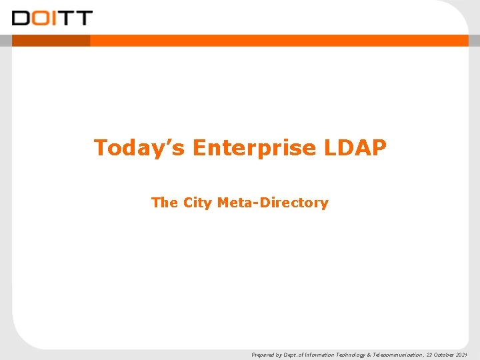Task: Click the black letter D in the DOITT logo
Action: pyautogui.click(x=21, y=17)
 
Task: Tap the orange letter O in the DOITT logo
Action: pyautogui.click(x=39, y=17)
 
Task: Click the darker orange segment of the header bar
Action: pyautogui.click(x=51, y=41)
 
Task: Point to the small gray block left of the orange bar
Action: pyautogui.click(x=6, y=41)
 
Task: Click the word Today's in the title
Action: pyautogui.click(x=140, y=147)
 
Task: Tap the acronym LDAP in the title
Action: pyautogui.click(x=356, y=147)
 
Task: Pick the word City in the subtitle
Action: pyautogui.click(x=197, y=203)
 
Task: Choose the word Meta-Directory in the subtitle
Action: pyautogui.click(x=273, y=203)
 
